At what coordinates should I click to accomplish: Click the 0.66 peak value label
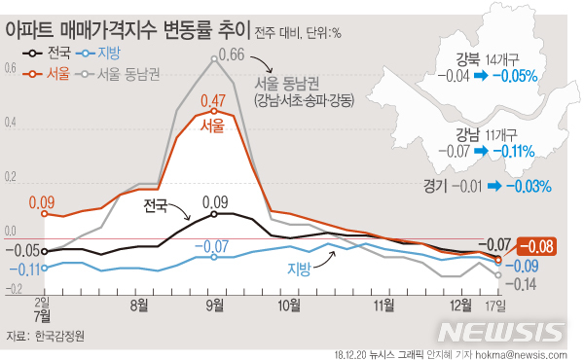point(230,54)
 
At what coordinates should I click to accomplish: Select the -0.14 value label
point(526,284)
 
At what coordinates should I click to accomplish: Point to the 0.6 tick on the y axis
point(10,69)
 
